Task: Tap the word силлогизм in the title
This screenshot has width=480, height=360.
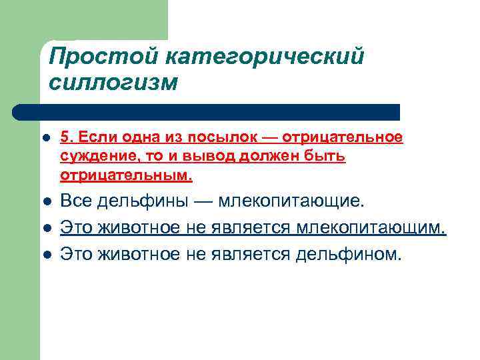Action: [x=113, y=83]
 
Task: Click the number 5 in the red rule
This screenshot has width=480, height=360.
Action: [x=65, y=137]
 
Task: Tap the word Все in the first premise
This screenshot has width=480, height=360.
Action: [x=75, y=201]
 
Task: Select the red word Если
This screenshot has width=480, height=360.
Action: [x=90, y=137]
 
